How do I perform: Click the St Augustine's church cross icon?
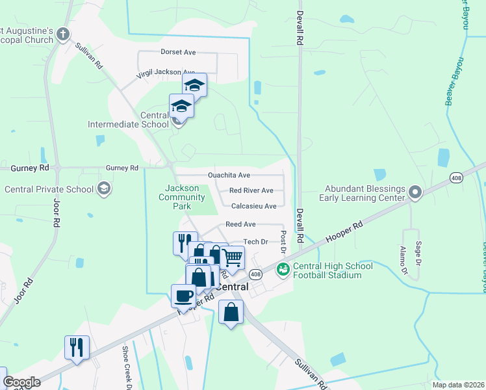click(63, 34)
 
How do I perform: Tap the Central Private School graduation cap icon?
click(103, 189)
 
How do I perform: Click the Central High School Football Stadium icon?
click(283, 269)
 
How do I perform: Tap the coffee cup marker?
click(183, 297)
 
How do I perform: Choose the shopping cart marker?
click(233, 258)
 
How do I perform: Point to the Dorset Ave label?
click(178, 52)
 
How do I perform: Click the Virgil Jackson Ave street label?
click(166, 73)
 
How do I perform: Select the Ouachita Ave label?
click(229, 175)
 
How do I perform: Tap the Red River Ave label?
click(251, 191)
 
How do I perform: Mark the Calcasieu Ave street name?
click(254, 206)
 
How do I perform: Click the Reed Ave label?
click(240, 224)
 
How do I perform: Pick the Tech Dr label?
click(255, 242)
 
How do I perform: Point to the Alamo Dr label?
click(403, 259)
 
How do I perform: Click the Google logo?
click(21, 382)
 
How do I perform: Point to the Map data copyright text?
click(457, 385)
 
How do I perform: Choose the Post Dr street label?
click(283, 241)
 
